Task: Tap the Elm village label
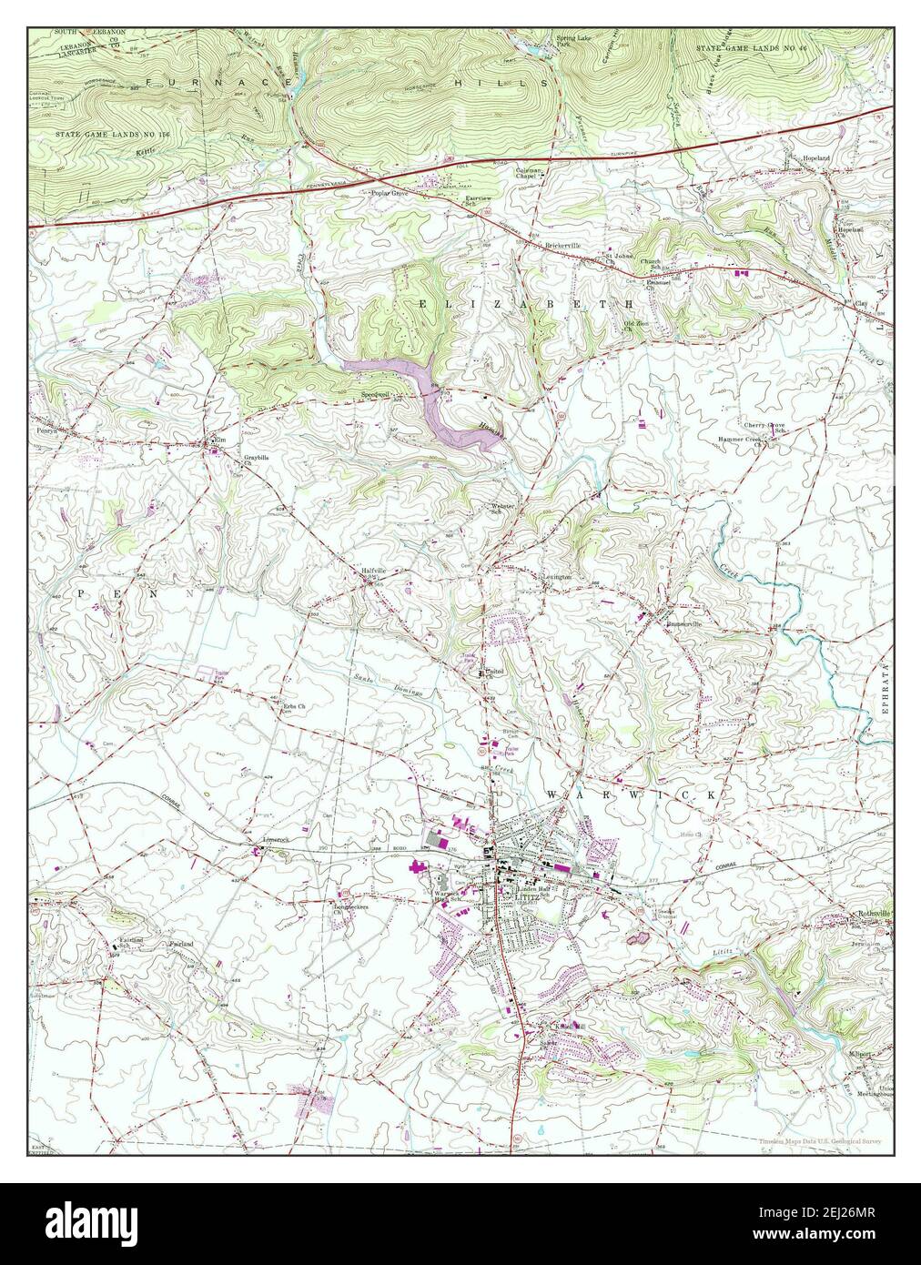[x=218, y=440]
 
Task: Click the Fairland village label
[x=180, y=946]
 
